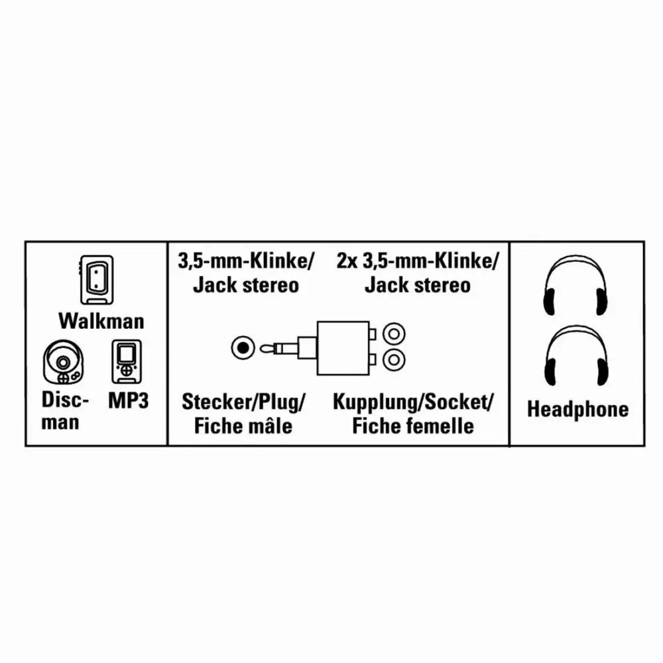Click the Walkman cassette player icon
point(97,280)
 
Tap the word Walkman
point(101,321)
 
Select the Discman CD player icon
point(63,362)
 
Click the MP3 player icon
point(127,361)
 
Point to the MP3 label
point(129,400)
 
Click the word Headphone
point(577,409)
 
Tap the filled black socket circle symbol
point(243,348)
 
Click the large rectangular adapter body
point(343,348)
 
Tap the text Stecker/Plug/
point(243,402)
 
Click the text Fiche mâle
point(243,426)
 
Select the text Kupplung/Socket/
point(412,402)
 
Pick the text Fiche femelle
point(412,426)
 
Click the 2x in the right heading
point(347,261)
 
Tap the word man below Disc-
point(60,422)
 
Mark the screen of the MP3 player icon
point(127,353)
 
